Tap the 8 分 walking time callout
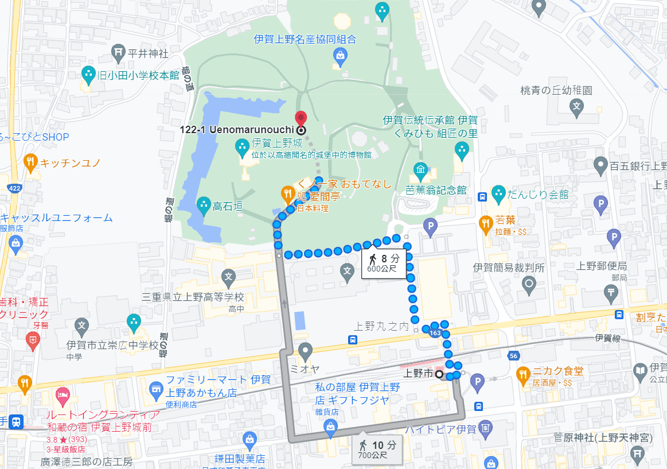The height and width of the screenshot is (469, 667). pyautogui.click(x=384, y=263)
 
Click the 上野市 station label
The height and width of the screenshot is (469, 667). pyautogui.click(x=417, y=374)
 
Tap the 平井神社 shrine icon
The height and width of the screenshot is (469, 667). pyautogui.click(x=119, y=53)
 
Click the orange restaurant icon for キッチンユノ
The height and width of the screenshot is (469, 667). pyautogui.click(x=30, y=162)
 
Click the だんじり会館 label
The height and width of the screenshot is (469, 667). pyautogui.click(x=541, y=195)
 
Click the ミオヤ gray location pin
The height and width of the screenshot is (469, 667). pyautogui.click(x=305, y=350)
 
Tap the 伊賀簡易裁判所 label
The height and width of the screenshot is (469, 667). pyautogui.click(x=509, y=268)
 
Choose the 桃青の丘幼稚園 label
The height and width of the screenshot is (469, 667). pyautogui.click(x=556, y=91)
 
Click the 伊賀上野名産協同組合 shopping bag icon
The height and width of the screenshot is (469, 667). pyautogui.click(x=340, y=56)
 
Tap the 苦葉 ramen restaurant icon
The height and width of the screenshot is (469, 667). pyautogui.click(x=486, y=222)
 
